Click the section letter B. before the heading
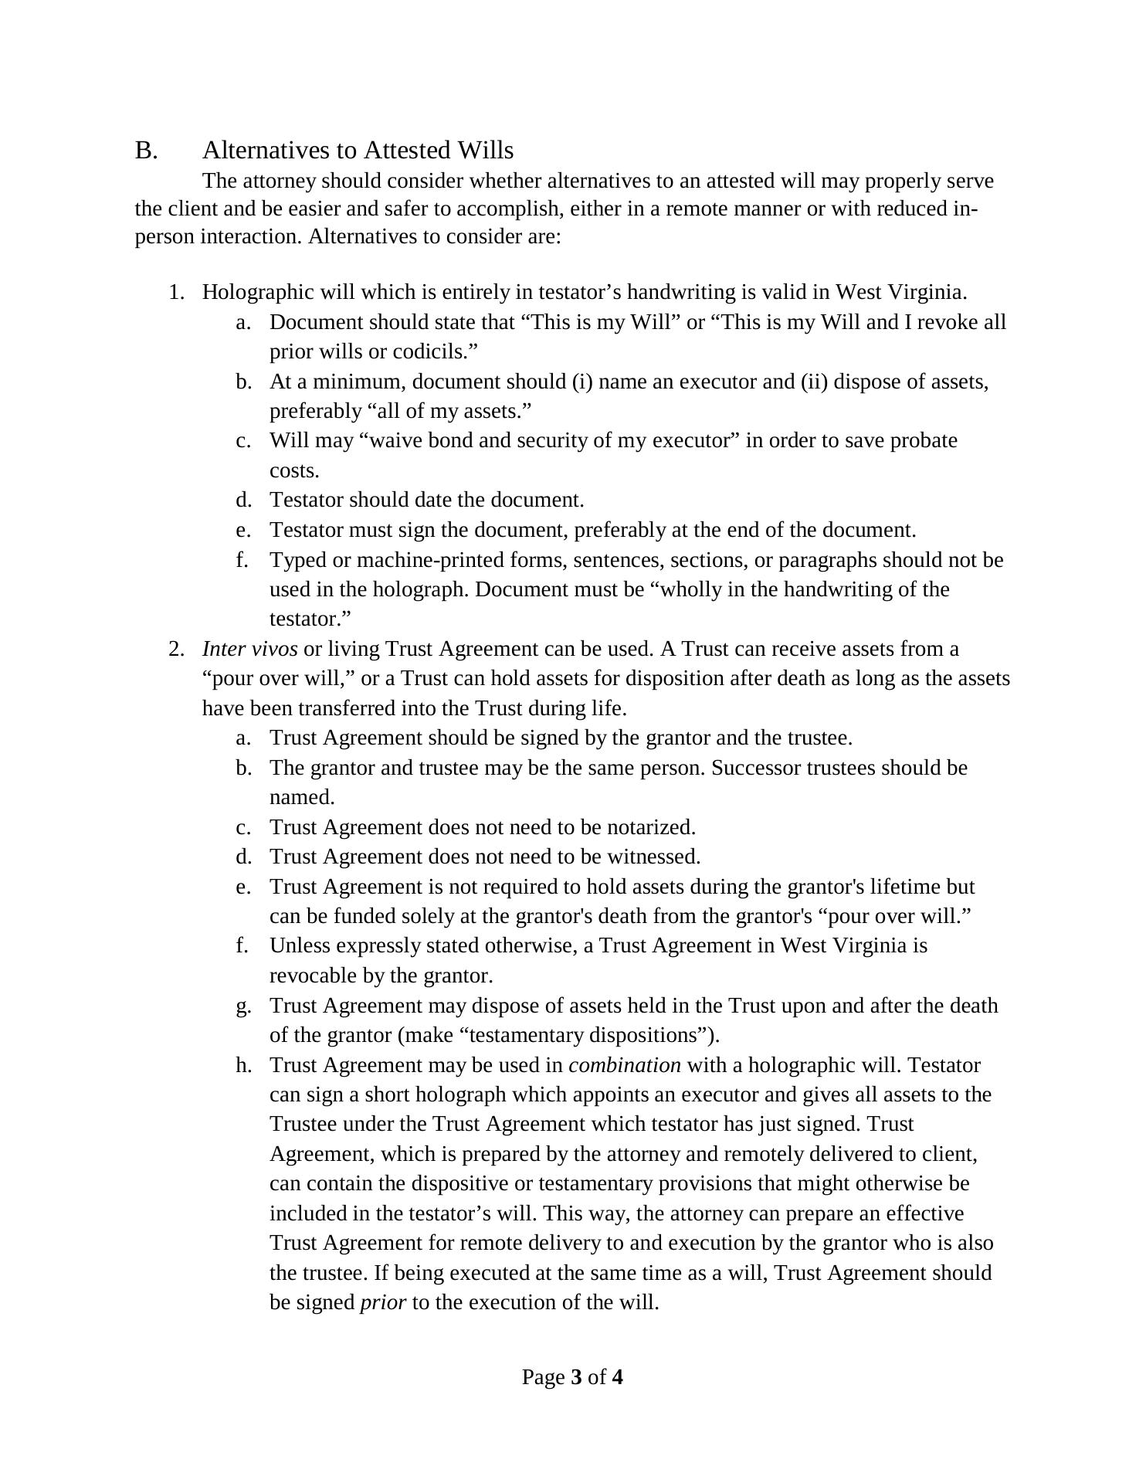[147, 150]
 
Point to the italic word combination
[624, 1065]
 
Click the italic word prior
[382, 1303]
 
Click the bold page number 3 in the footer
[576, 1377]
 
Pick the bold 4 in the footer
[617, 1377]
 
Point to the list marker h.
[244, 1065]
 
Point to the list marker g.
[244, 1006]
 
